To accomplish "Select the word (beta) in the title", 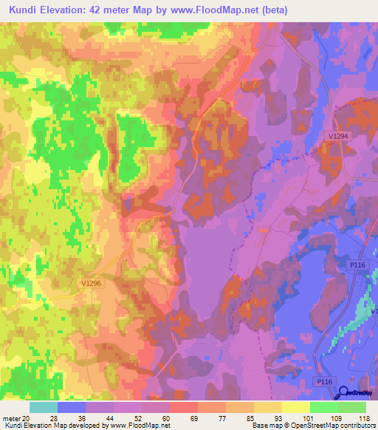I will (x=271, y=10).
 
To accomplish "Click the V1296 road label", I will (x=92, y=283).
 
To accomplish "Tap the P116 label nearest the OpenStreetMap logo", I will (x=322, y=380).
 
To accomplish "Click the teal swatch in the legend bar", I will (x=44, y=407).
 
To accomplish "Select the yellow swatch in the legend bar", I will (x=296, y=407).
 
